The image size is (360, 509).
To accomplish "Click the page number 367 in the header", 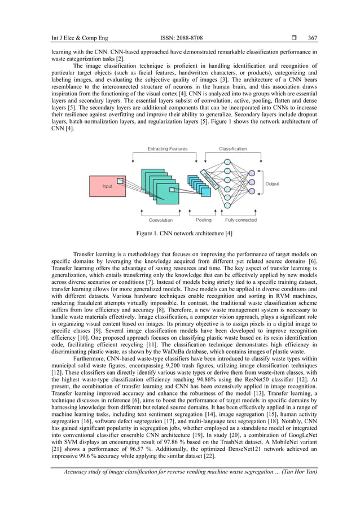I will [313, 38].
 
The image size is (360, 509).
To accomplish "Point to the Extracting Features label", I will [167, 149].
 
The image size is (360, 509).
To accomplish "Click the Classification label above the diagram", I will [232, 149].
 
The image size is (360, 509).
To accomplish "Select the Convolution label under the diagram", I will [161, 220].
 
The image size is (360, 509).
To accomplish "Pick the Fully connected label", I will [241, 220].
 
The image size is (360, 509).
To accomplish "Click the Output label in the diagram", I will [273, 184].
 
